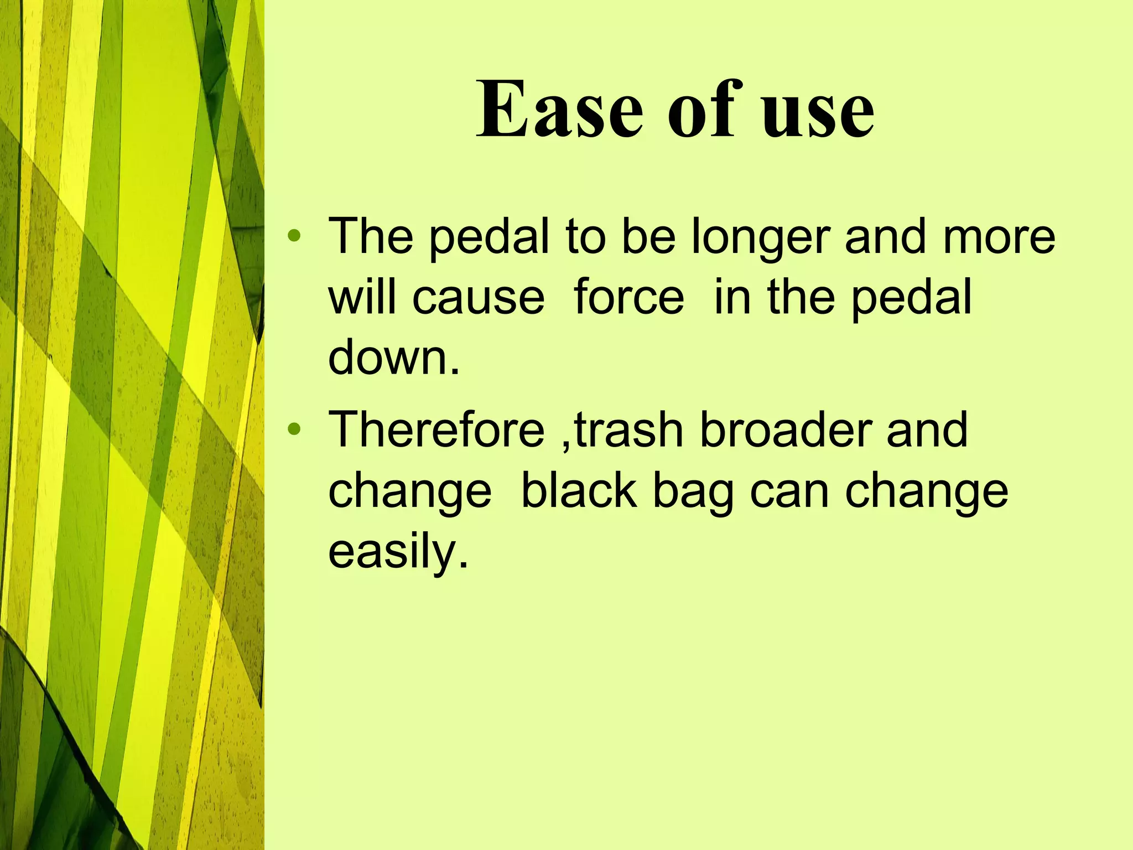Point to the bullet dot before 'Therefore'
(294, 429)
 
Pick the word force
(629, 297)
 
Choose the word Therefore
(436, 430)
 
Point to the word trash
(628, 430)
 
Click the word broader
(786, 430)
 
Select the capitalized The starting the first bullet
(371, 236)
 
